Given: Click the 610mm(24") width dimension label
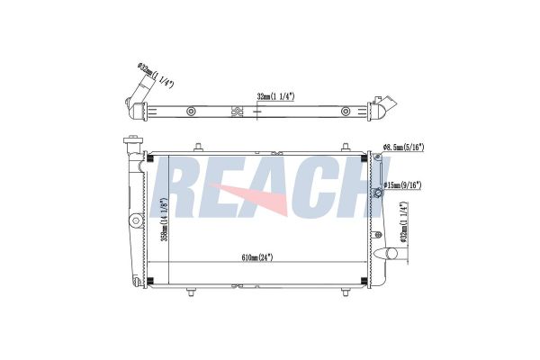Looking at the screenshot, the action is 257,257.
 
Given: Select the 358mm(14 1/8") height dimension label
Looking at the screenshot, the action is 165,220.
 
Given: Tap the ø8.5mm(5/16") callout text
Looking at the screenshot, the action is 403,148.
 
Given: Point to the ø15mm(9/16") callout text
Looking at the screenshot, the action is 402,185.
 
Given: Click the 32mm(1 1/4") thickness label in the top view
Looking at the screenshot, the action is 275,97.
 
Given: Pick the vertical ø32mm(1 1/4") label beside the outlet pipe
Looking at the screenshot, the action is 404,223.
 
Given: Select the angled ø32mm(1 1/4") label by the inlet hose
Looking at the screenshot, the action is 155,76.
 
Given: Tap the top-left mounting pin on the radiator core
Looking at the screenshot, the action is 198,147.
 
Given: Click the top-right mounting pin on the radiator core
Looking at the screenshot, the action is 346,147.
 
